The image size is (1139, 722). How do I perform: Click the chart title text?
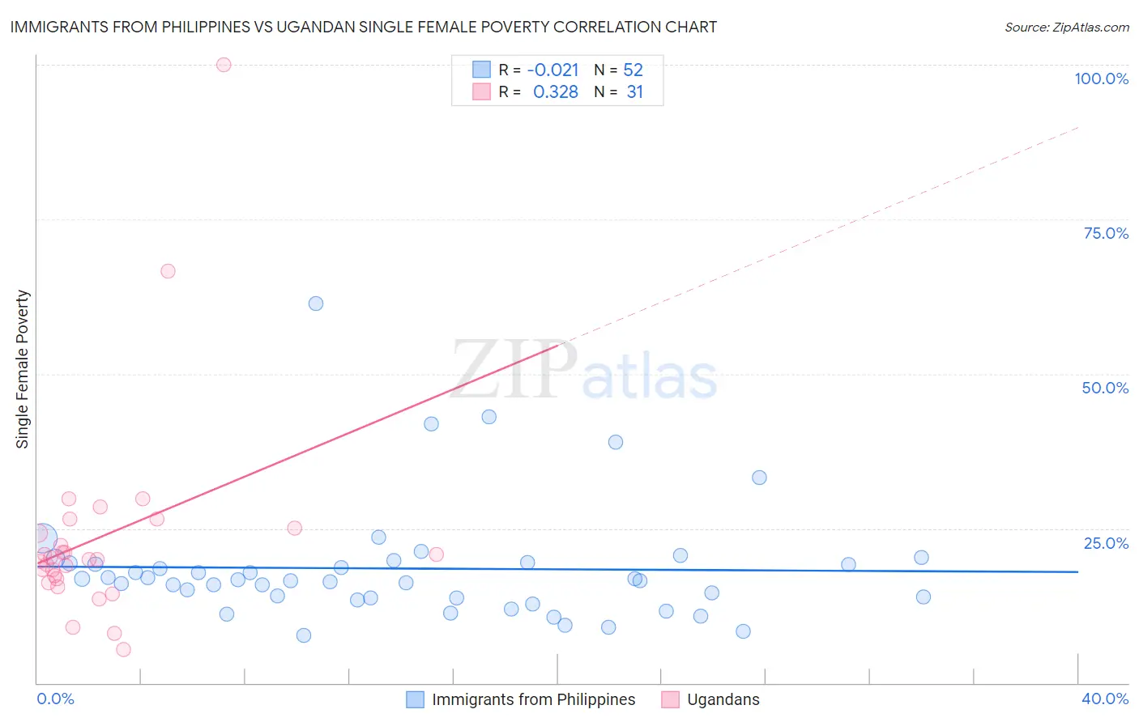point(363,27)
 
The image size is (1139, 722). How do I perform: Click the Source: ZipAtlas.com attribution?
point(1066,27)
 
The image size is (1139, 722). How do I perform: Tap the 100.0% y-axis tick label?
point(1101,79)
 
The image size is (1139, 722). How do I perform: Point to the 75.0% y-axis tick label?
point(1106,233)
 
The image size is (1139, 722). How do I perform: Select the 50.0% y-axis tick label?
point(1105,388)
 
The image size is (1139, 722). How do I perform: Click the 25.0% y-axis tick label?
point(1106,543)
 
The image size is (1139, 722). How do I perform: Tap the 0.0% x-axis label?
point(55,699)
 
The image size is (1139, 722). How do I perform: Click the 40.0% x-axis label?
point(1104,699)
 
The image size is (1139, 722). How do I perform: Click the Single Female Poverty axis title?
point(23,369)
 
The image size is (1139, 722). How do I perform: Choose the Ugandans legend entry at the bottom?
point(723,699)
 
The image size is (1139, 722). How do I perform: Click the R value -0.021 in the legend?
point(552,70)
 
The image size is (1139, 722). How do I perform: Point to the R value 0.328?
point(555,92)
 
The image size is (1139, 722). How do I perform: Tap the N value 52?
point(633,70)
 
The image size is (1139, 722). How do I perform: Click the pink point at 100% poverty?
point(224,65)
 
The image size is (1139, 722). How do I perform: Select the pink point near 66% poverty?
point(168,271)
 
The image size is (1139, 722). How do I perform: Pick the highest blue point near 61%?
point(316,304)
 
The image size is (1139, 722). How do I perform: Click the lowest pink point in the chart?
point(123,649)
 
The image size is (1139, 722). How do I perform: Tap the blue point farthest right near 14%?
point(923,597)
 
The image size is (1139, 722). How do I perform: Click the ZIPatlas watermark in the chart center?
point(584,372)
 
